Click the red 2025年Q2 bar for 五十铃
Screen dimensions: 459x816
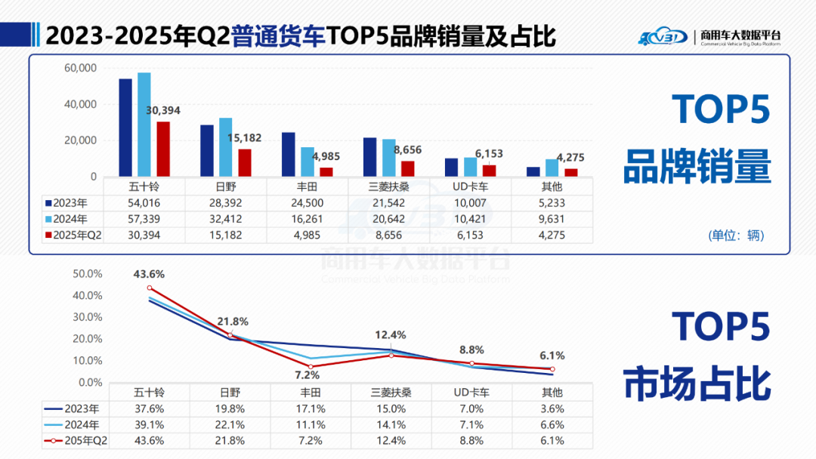(x=163, y=149)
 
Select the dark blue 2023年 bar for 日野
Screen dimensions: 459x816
(x=207, y=150)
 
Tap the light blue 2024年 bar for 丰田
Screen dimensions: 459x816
(x=308, y=162)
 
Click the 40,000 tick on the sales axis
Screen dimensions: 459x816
(x=79, y=104)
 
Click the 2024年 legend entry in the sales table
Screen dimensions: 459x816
(x=71, y=219)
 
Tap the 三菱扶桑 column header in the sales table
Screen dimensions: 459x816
(x=390, y=186)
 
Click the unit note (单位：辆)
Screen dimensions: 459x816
(x=737, y=236)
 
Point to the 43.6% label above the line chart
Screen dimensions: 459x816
(x=149, y=273)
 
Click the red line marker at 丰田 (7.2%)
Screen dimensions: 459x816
(x=310, y=367)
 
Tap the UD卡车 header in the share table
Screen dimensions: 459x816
(x=471, y=393)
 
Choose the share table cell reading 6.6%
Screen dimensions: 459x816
(x=552, y=424)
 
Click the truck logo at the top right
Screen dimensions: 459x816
(x=664, y=35)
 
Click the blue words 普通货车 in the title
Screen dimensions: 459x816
(x=279, y=35)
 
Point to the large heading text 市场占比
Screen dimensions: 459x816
(x=697, y=383)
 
